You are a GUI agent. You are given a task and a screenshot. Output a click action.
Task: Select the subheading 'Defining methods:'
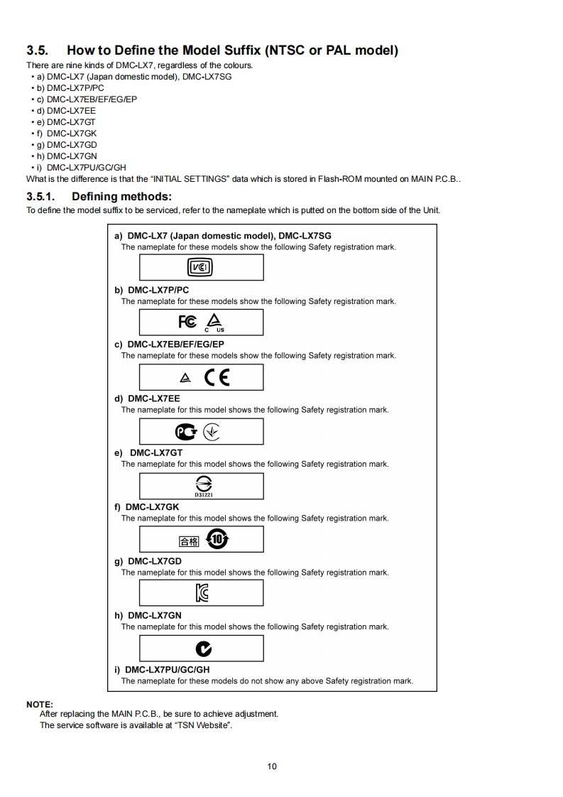click(x=121, y=196)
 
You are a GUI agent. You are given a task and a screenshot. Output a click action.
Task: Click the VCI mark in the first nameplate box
click(x=200, y=267)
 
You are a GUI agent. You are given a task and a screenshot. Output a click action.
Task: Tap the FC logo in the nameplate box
click(x=188, y=322)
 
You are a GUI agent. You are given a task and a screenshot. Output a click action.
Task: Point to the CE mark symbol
click(x=217, y=377)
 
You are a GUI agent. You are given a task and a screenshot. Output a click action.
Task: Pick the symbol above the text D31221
click(x=202, y=482)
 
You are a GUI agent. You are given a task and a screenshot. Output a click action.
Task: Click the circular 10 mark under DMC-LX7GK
click(x=217, y=539)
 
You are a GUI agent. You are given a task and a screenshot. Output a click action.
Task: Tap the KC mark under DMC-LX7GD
click(x=202, y=593)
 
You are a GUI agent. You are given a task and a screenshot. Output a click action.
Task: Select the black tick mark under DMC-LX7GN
click(x=203, y=648)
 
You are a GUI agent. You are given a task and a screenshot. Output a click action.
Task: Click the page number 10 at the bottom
click(x=272, y=766)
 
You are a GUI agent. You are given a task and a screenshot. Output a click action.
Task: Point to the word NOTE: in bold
click(x=40, y=704)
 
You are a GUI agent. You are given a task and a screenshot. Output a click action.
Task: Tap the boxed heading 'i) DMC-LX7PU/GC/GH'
click(x=163, y=669)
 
